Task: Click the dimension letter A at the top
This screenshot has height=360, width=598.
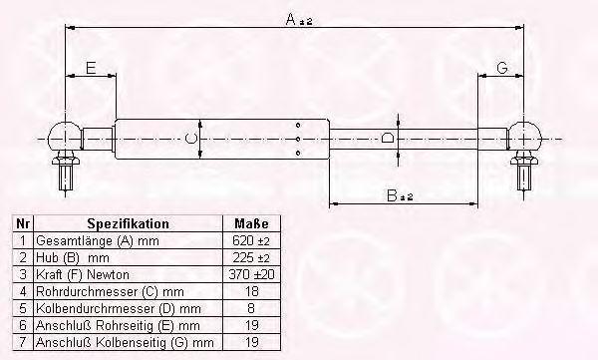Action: pos(291,19)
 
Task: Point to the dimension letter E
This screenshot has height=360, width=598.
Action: pos(91,68)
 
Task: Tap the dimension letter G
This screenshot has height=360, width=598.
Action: pos(502,68)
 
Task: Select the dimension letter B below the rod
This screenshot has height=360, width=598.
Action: pos(392,195)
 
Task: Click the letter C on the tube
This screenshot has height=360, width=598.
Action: pos(190,139)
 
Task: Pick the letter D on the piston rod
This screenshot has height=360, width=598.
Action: pos(389,137)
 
